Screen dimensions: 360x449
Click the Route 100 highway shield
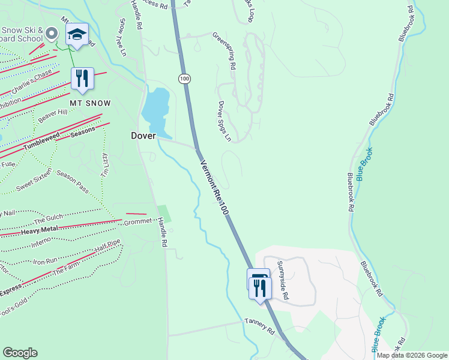184,79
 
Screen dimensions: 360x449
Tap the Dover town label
143,136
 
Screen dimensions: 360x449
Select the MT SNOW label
90,103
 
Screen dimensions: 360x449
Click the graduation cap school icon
77,34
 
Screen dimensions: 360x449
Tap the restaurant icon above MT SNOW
82,78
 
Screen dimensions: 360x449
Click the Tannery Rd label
259,327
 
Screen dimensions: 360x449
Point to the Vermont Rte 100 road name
214,187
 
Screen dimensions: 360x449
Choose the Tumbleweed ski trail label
43,141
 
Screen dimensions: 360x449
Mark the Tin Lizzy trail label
104,164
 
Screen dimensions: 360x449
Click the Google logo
20,353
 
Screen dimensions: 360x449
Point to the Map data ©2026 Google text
412,355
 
